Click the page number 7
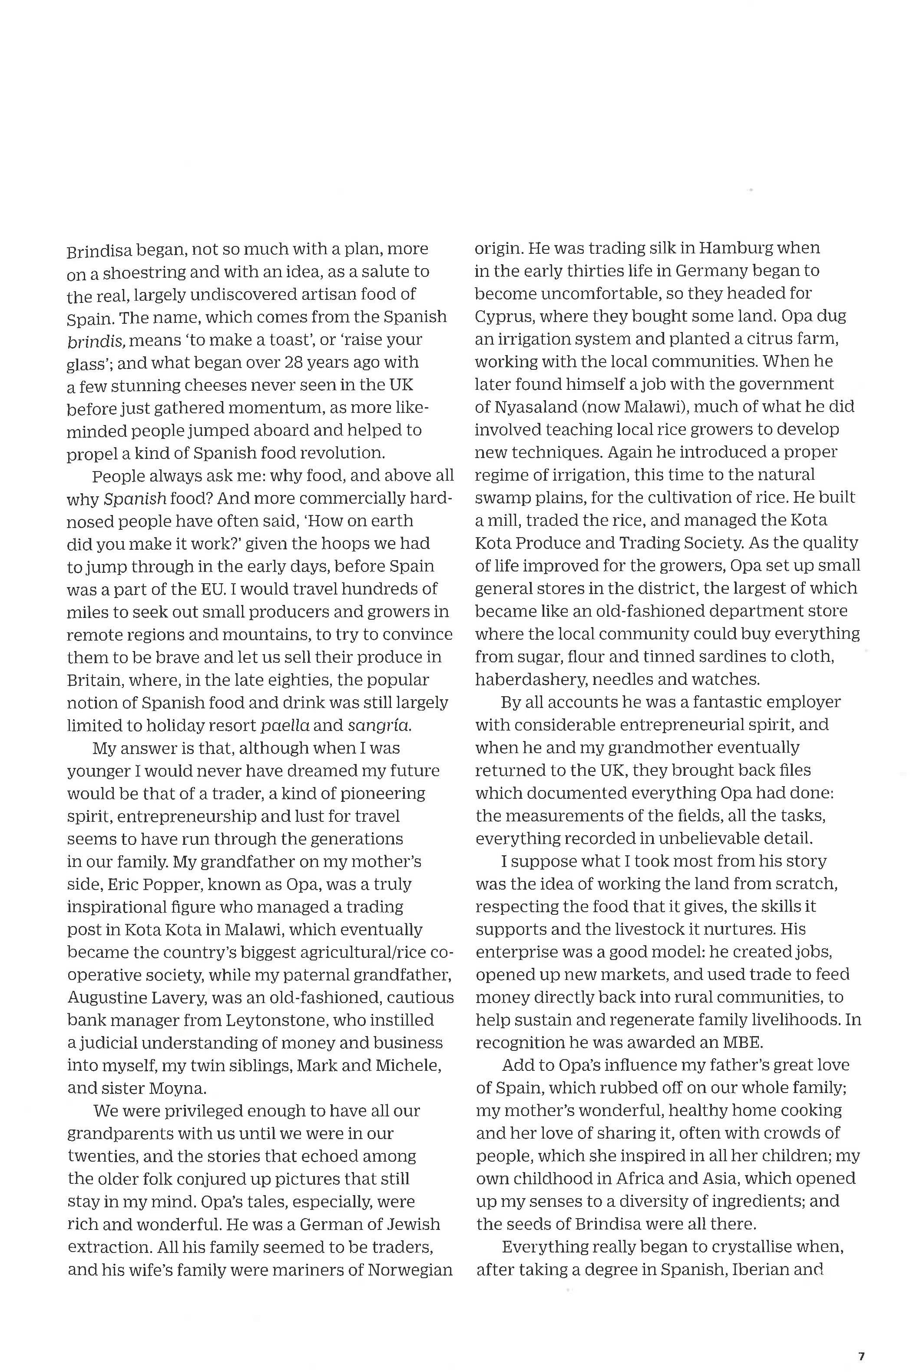click(x=861, y=1340)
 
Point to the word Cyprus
click(x=504, y=316)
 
